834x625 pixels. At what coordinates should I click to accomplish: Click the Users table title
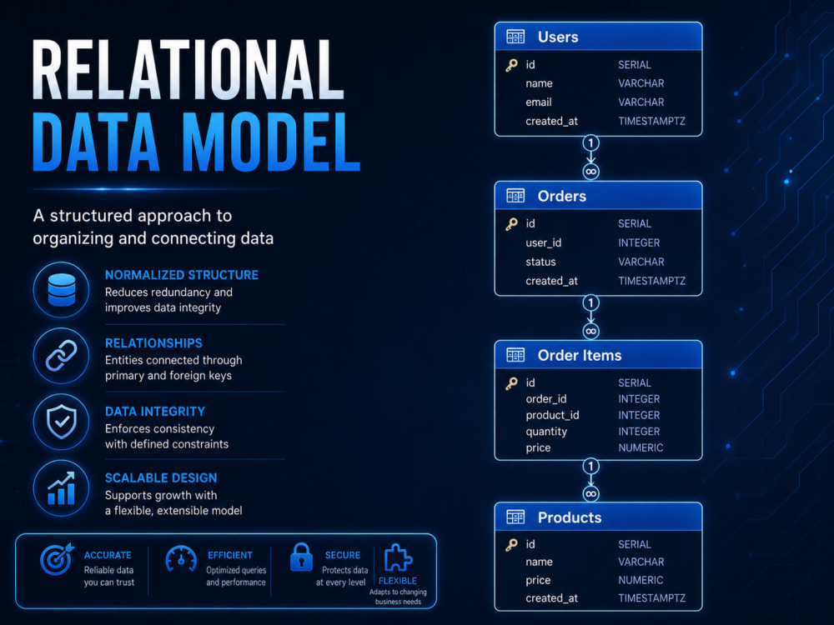558,37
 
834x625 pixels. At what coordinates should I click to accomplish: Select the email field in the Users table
538,102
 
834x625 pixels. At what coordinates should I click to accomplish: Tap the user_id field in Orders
543,242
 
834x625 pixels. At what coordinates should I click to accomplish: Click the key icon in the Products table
512,545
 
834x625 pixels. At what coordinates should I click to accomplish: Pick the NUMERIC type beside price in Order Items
641,448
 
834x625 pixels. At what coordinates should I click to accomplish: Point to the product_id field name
552,415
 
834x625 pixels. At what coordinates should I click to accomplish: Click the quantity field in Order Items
546,432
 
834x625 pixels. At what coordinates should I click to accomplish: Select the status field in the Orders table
540,262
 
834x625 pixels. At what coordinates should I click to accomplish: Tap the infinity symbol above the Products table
590,493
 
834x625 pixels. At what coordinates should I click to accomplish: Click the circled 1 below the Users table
590,143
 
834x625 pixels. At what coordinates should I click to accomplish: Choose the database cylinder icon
62,290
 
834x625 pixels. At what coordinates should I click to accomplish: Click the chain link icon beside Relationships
61,356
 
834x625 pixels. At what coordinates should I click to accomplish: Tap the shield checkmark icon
62,422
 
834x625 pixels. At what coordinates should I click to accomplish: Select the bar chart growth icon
61,488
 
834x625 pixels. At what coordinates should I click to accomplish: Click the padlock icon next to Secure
301,557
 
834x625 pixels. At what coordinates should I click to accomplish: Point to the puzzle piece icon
398,558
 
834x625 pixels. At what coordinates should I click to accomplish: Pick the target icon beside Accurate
57,559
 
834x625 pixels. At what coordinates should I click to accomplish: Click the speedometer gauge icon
181,558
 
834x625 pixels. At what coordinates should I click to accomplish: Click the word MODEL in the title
271,142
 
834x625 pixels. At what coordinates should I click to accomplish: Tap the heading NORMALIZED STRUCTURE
181,275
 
